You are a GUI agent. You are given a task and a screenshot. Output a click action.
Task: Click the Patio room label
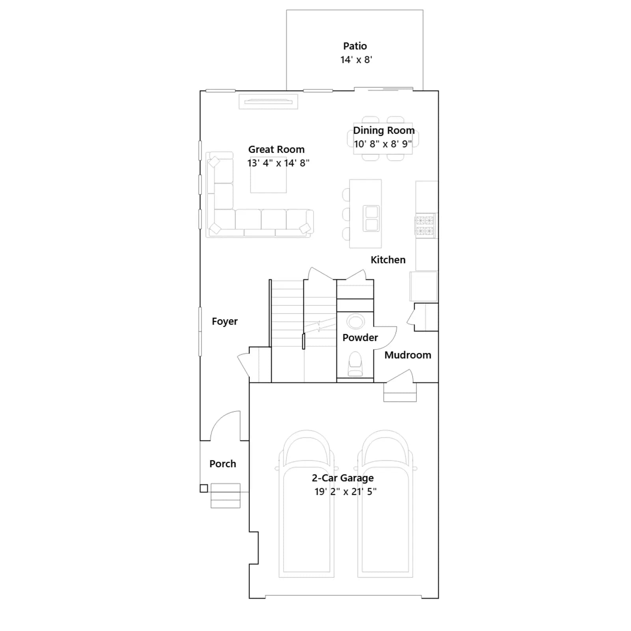coord(355,46)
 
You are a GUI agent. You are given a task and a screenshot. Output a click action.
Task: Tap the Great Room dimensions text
coord(278,163)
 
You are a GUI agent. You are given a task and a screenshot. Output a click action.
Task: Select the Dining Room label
coord(384,131)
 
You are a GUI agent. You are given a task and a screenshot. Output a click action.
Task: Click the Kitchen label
coord(388,260)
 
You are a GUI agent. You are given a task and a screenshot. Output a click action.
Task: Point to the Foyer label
coord(225,322)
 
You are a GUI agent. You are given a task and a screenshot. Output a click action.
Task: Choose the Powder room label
coord(360,338)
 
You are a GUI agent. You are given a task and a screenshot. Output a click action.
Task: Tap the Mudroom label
coord(408,355)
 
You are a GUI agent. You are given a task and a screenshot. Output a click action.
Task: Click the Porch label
coord(223,464)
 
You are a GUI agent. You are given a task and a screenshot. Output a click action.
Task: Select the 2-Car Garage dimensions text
coord(345,492)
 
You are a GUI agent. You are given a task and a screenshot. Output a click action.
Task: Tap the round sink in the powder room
coord(356,321)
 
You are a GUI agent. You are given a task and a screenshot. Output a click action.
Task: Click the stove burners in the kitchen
coord(425,226)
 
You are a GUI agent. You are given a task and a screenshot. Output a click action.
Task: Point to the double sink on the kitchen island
coord(371,218)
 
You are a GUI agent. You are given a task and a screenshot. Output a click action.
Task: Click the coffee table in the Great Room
coord(269,180)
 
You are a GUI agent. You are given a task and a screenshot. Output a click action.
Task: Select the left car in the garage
coord(306,504)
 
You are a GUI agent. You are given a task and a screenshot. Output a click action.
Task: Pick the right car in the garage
coord(385,504)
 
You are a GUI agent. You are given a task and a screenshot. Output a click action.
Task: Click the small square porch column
coord(204,488)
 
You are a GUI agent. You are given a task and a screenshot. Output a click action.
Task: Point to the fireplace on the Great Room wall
coord(268,102)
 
